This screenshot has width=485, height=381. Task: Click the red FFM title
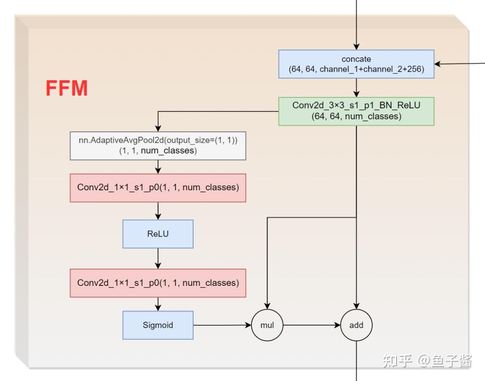tap(66, 88)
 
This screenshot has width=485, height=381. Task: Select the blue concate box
tap(356, 64)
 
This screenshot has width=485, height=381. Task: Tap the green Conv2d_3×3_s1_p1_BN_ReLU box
tap(356, 111)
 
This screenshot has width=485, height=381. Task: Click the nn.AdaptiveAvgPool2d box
tap(158, 145)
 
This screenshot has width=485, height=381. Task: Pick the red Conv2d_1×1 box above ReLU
tap(158, 188)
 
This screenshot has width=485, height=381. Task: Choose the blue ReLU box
tap(158, 234)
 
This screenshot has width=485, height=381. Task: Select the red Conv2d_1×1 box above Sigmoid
tap(158, 283)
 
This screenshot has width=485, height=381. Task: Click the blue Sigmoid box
tap(158, 325)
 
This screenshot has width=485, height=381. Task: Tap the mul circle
tap(267, 325)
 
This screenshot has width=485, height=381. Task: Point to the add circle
tap(356, 325)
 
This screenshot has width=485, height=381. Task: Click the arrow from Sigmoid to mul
tap(222, 325)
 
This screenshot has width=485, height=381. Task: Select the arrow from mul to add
tap(312, 325)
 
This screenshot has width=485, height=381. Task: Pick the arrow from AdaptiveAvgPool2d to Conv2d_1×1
tap(158, 167)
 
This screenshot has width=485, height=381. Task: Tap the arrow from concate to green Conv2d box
tap(356, 88)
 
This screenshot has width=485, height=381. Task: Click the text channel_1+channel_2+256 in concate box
tap(371, 70)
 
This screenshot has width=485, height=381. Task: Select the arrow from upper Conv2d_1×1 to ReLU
tap(158, 211)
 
